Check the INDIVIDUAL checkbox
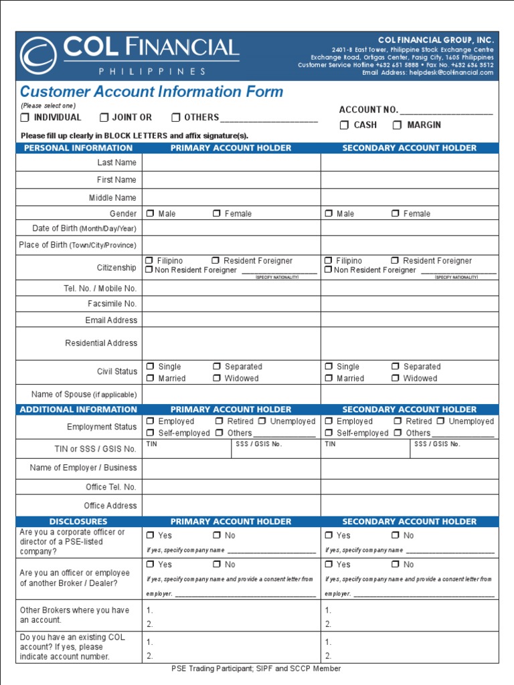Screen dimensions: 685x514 (x=25, y=118)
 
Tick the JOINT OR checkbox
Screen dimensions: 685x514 (x=104, y=118)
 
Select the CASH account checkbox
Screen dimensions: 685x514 (x=344, y=125)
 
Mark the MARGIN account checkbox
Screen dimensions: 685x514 (x=398, y=125)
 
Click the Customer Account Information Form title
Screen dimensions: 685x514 (x=151, y=92)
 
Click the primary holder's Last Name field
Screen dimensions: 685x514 (x=231, y=163)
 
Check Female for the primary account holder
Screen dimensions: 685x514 (x=217, y=214)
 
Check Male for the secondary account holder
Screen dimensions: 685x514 (x=329, y=214)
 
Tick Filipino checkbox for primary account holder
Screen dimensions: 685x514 (x=149, y=261)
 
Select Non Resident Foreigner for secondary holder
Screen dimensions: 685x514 (x=328, y=270)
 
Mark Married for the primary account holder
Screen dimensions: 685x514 (x=150, y=379)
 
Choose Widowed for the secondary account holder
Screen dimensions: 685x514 (x=396, y=379)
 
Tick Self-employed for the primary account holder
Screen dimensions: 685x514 (x=150, y=433)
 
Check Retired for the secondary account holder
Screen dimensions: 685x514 (x=398, y=421)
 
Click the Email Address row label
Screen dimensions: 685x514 (x=111, y=320)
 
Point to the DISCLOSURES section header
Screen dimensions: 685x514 (x=78, y=522)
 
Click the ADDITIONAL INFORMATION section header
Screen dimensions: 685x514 (x=78, y=409)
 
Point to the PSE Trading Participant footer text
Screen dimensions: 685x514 (x=256, y=668)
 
